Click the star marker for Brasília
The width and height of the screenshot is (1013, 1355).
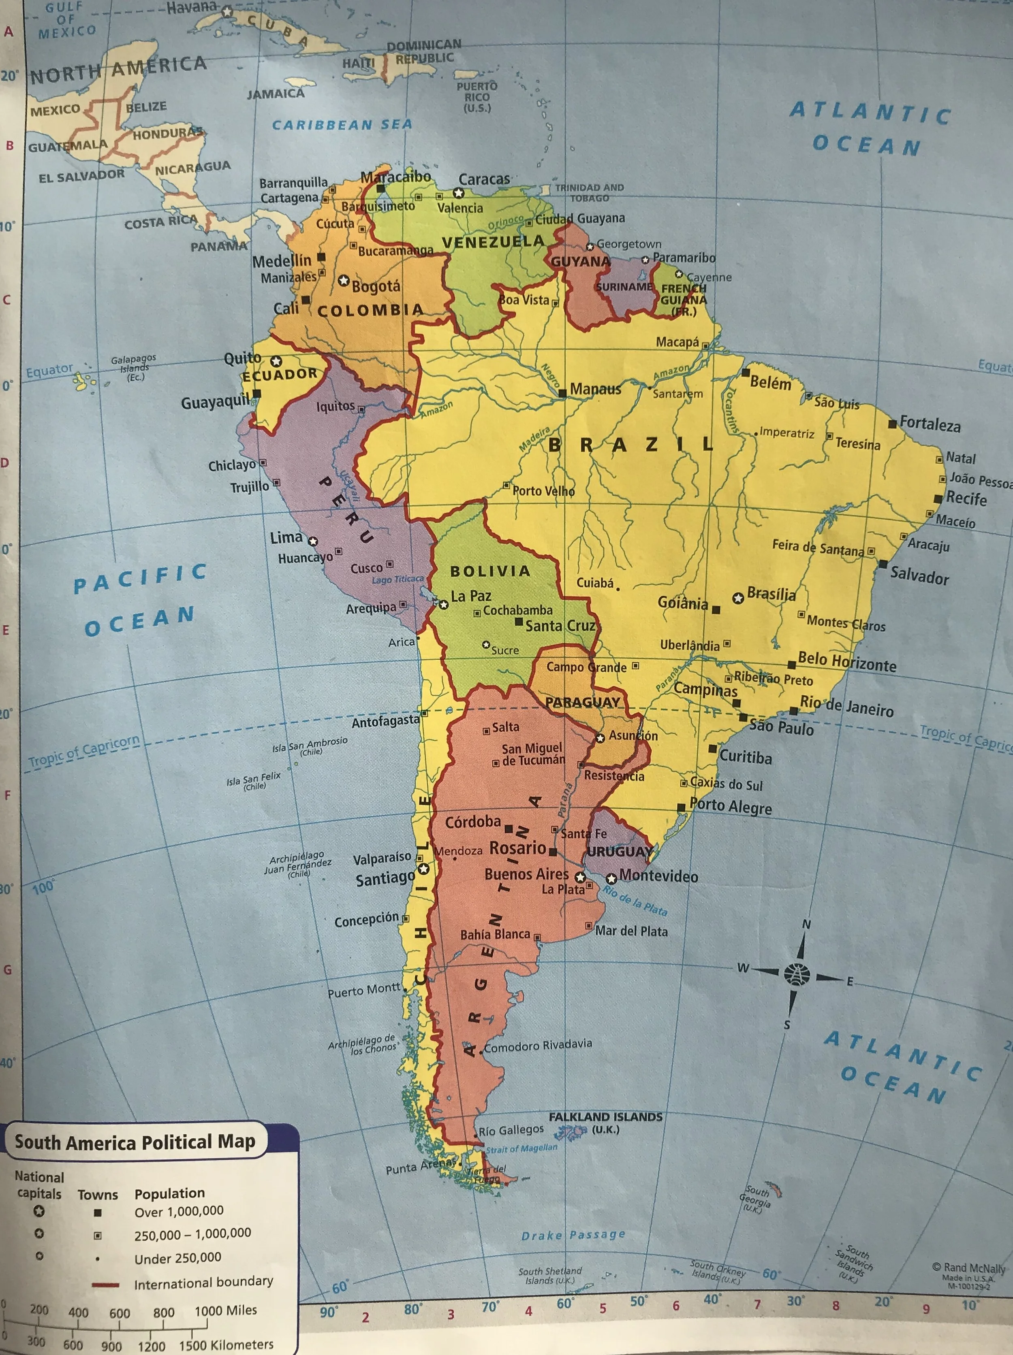(738, 597)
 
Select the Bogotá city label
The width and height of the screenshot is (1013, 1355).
(376, 286)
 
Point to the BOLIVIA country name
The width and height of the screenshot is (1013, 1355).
(490, 571)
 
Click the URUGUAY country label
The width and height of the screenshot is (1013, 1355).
(620, 852)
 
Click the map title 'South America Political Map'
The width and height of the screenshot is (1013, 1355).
(135, 1142)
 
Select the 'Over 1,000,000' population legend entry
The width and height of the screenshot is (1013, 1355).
(179, 1211)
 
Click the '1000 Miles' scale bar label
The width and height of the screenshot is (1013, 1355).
(226, 1310)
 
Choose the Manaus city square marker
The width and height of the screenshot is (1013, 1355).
(562, 394)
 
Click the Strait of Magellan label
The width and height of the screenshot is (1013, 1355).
(521, 1148)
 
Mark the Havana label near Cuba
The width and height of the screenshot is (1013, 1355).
(192, 9)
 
